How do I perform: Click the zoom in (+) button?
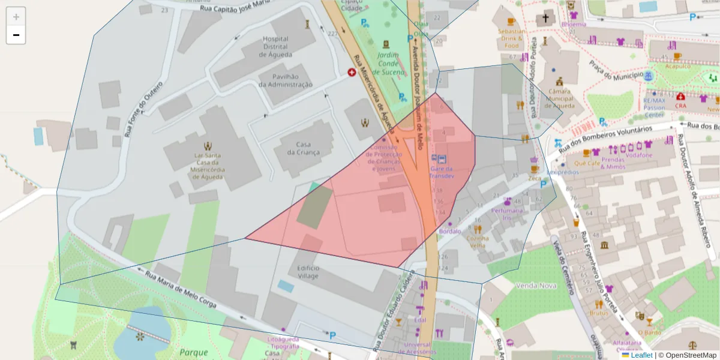coord(16,17)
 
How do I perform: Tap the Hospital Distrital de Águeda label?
coord(275,47)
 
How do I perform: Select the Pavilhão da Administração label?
coord(286,80)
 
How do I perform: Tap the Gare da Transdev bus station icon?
coord(442,159)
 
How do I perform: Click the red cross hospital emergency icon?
coord(352,72)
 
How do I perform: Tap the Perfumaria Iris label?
coord(508,214)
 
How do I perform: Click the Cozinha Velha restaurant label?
coord(478,242)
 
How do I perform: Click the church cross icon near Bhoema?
coord(546,18)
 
